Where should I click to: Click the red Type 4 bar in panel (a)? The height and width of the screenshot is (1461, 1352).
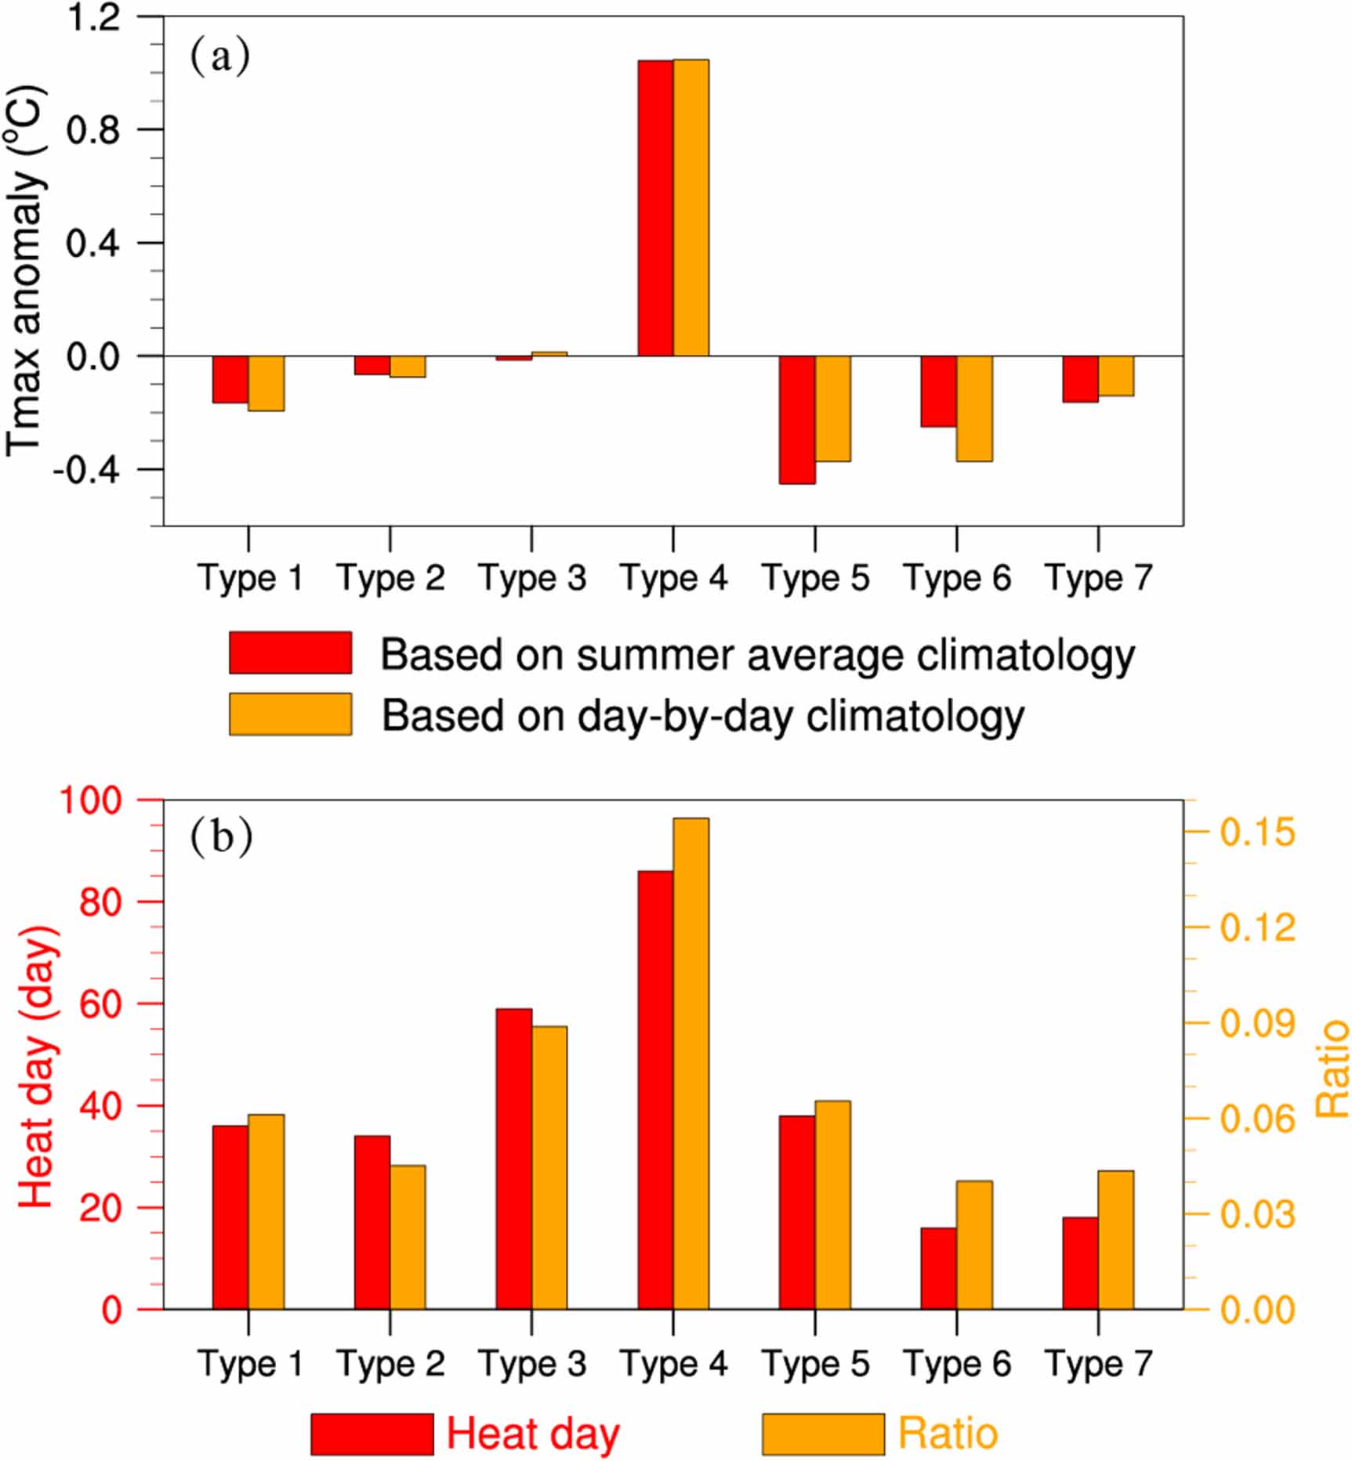655,208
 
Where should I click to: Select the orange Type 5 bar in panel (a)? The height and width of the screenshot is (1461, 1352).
832,408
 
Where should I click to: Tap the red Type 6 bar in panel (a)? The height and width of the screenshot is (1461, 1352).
938,391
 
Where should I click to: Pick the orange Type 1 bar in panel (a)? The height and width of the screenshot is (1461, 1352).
266,383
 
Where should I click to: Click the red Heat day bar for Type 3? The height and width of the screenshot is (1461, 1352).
513,1159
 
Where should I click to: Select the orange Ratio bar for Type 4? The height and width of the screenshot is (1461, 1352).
690,1063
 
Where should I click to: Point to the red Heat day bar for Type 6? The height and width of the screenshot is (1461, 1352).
938,1268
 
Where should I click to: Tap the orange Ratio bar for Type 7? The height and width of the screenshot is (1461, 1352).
1115,1239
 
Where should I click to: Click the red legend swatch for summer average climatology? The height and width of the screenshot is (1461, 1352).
290,653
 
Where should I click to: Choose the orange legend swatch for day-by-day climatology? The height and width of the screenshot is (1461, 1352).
290,714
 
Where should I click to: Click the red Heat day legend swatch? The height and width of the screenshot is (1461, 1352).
372,1434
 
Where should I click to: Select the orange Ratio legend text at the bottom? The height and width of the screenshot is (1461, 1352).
947,1434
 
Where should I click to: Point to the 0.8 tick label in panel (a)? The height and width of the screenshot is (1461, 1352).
92,130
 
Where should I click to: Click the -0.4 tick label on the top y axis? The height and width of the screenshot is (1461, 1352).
86,470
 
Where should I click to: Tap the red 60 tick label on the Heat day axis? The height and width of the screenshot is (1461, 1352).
100,1004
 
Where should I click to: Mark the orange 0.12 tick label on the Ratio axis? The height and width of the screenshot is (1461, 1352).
1257,928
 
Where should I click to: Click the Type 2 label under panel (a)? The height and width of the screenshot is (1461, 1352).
390,578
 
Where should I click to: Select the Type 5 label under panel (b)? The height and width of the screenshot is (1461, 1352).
815,1363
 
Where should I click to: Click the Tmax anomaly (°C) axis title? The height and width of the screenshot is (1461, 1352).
25,270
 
